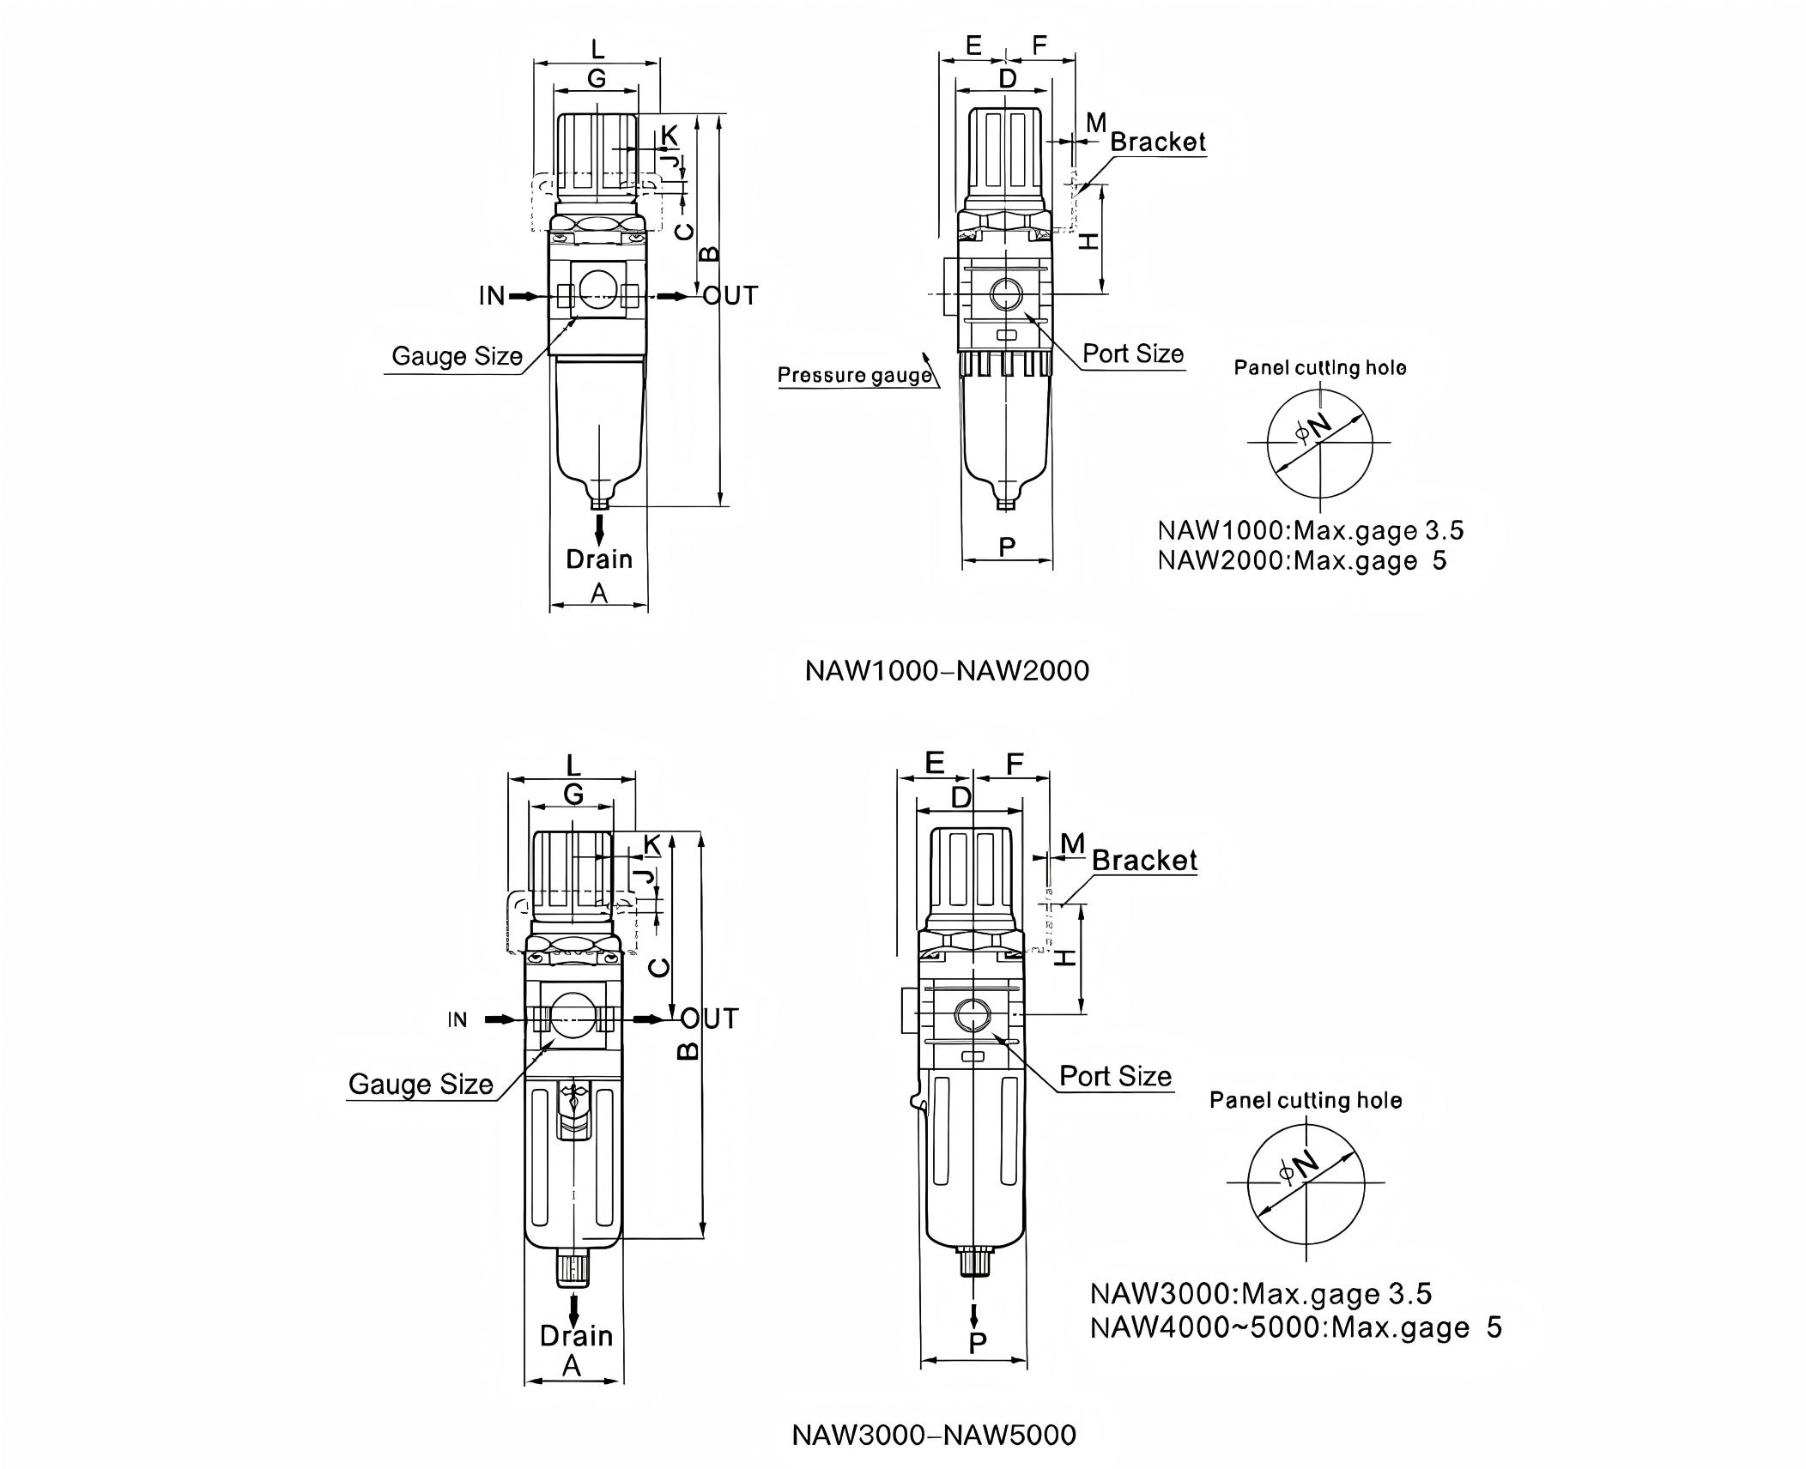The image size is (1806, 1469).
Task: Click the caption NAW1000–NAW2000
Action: point(946,670)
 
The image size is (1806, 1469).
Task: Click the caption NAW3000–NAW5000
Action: point(933,1435)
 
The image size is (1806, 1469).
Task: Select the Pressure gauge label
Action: point(854,375)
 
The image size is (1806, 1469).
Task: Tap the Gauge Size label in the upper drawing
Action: point(457,356)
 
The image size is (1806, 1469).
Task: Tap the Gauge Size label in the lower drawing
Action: point(421,1084)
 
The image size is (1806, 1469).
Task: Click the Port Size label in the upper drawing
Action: point(1132,354)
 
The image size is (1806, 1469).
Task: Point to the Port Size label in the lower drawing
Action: point(1114,1076)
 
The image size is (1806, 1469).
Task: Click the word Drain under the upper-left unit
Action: point(598,559)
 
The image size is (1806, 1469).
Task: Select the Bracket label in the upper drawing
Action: point(1157,142)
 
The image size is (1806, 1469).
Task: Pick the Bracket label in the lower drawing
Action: point(1143,860)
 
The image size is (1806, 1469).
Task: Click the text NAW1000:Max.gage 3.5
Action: point(1310,530)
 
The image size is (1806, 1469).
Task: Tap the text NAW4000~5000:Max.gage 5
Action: point(1295,1327)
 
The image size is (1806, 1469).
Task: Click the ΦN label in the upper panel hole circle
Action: point(1313,427)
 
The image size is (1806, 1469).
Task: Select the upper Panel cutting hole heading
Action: point(1319,368)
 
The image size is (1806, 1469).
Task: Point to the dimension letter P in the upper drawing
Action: point(1008,546)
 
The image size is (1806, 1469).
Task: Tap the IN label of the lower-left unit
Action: point(458,1019)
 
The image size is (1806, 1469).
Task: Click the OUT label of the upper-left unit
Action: point(730,296)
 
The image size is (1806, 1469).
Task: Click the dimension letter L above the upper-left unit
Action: point(597,48)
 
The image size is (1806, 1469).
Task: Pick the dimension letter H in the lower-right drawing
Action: point(1065,957)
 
